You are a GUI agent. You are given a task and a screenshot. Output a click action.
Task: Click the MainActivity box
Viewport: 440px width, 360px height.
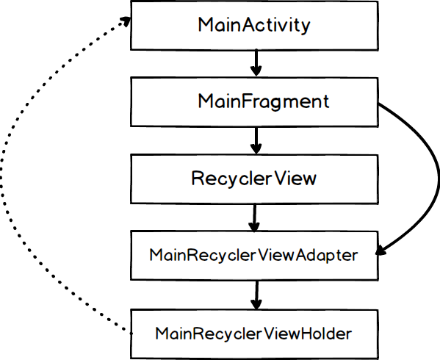254,25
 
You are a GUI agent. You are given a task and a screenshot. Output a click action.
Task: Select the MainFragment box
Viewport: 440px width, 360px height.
254,102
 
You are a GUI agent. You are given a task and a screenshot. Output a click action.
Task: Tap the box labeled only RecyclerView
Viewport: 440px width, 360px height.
254,179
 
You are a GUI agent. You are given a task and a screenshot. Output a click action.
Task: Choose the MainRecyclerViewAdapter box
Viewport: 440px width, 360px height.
254,256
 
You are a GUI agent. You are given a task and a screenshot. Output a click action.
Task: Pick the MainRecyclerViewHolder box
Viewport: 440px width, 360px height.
254,333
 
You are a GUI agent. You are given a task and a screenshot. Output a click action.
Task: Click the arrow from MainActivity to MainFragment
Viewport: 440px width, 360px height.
255,62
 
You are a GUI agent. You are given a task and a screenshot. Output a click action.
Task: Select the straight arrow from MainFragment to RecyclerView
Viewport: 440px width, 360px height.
255,140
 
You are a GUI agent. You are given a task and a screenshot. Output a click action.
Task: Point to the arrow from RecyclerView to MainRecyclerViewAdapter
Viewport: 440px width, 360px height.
255,217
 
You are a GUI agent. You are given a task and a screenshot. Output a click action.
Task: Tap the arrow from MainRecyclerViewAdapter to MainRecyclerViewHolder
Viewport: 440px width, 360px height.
255,294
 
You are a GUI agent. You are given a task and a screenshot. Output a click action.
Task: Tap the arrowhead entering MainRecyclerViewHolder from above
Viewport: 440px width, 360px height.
255,304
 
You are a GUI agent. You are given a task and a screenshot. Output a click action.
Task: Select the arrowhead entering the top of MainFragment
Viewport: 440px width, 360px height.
255,73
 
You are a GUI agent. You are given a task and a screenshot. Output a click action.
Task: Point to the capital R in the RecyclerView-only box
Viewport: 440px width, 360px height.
198,179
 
